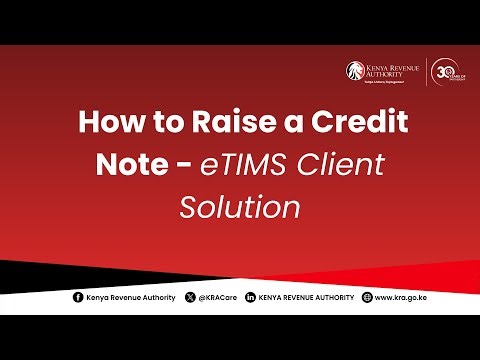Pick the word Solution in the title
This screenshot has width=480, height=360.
240,207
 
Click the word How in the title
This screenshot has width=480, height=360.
110,123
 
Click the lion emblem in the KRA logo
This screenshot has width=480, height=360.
354,71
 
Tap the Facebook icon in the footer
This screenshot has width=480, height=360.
79,298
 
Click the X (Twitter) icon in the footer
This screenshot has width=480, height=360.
191,298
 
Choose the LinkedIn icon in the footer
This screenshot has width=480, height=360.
250,298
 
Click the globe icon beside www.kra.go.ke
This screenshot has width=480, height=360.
367,298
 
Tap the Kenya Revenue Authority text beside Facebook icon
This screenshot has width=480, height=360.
130,298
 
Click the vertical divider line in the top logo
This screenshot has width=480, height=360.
428,72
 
